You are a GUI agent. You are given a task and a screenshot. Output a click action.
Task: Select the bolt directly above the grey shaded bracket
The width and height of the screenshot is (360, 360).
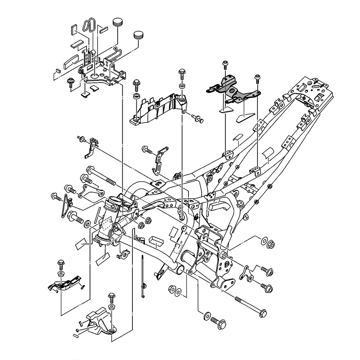[x=225, y=65]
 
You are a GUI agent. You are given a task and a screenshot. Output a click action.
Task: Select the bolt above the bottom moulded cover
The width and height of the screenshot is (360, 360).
[x=111, y=298]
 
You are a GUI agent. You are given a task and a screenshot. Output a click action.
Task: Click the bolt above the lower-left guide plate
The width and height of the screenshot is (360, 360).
[x=60, y=263]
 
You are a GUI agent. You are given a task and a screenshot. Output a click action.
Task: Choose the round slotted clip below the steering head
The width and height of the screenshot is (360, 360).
[x=123, y=254]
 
